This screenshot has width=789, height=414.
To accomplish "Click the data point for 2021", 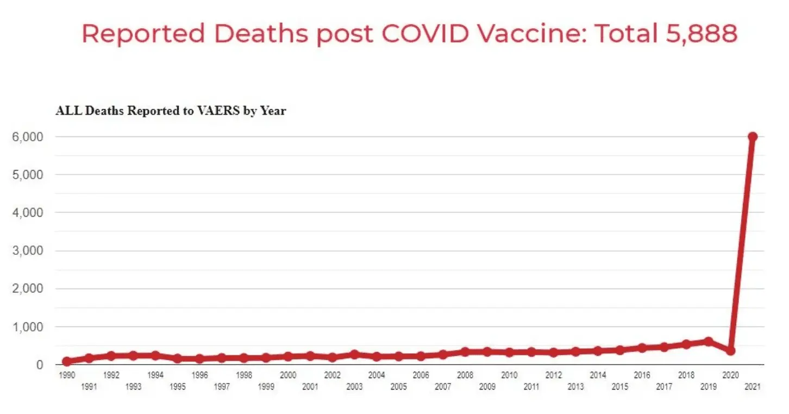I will tap(753, 137).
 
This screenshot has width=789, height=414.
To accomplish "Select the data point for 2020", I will tap(730, 351).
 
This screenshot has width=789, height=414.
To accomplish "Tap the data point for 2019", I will tap(708, 341).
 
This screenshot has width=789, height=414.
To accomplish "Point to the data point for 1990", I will tap(67, 361).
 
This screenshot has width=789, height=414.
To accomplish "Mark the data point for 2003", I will tap(355, 354).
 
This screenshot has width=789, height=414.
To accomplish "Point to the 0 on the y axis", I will tap(40, 365).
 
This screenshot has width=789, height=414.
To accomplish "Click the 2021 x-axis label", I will tap(753, 387).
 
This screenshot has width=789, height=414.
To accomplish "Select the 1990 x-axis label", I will tap(67, 375).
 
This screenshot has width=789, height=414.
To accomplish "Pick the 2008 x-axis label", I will tap(465, 375).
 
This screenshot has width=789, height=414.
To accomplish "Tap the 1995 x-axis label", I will tap(178, 387).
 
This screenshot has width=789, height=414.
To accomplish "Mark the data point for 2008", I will tap(465, 352).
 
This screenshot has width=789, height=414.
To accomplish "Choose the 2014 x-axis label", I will tap(598, 375).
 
